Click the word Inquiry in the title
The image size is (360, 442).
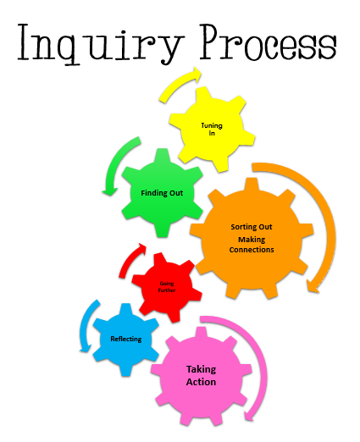[99, 44]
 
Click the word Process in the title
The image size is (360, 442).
[269, 42]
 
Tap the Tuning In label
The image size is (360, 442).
[212, 129]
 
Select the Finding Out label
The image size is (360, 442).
[162, 193]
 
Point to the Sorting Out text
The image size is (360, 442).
[252, 227]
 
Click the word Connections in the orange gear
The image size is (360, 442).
[252, 250]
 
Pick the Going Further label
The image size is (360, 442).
[167, 286]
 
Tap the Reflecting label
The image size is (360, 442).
[126, 339]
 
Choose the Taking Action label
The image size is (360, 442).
[201, 375]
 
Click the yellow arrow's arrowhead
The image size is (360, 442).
[196, 75]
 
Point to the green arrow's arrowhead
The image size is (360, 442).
[109, 192]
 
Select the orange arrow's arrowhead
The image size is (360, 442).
[313, 286]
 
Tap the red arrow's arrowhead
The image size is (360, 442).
[141, 248]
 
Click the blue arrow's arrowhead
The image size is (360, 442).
[86, 349]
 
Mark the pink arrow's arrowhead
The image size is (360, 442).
[249, 415]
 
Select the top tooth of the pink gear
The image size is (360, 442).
[201, 334]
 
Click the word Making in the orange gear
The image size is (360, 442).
[252, 240]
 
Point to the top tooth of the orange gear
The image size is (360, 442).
[252, 185]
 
